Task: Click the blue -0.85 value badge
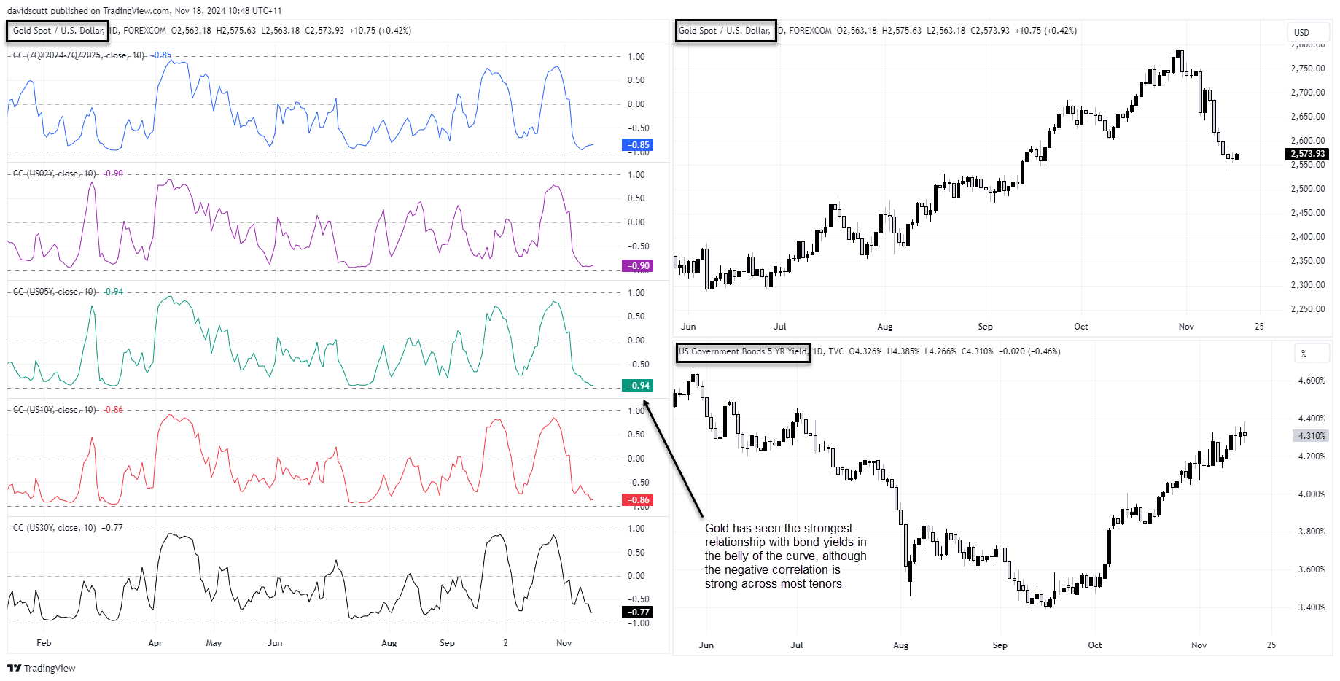point(637,145)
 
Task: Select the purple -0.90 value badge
point(637,266)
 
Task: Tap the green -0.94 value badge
point(637,386)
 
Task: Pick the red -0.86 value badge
point(637,500)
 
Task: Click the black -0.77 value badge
point(637,612)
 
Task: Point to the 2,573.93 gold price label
point(1307,154)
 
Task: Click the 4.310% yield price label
point(1311,436)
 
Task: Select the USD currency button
point(1301,33)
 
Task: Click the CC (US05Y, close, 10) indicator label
point(55,292)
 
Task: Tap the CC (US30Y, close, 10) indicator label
point(55,528)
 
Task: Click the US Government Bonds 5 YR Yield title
point(743,351)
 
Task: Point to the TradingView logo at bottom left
point(42,668)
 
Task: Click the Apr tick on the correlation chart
point(155,643)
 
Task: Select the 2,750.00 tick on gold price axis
point(1308,69)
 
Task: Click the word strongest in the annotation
point(828,529)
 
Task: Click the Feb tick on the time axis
point(44,643)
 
